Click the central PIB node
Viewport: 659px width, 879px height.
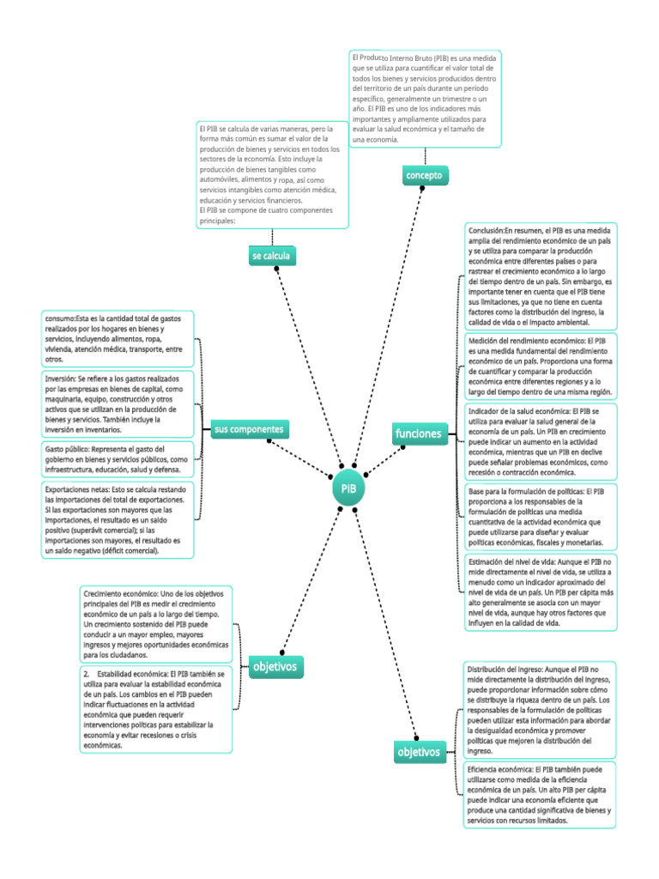(348, 488)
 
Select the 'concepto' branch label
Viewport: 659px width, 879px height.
(425, 175)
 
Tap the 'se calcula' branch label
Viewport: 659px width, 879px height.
(271, 256)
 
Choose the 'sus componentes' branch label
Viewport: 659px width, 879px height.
(250, 429)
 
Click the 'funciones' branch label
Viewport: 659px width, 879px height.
(419, 433)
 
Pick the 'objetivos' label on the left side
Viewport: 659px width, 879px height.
(275, 666)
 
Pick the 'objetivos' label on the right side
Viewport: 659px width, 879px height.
(420, 752)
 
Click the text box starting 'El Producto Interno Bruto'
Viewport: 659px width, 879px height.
(425, 99)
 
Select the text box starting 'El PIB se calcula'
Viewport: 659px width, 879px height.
(272, 175)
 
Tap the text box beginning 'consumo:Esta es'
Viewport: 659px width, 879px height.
(118, 338)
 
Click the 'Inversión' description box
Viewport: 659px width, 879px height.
(118, 403)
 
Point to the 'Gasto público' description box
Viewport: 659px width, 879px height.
(118, 459)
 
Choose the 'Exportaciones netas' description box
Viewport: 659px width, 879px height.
(118, 519)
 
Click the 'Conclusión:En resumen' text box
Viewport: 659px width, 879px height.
(541, 276)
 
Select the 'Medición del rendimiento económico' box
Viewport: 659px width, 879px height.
(541, 366)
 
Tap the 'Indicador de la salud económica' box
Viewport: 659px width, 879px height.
(541, 442)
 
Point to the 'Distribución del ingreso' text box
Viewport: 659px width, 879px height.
(540, 710)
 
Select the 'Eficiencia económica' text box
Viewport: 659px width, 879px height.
(540, 794)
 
